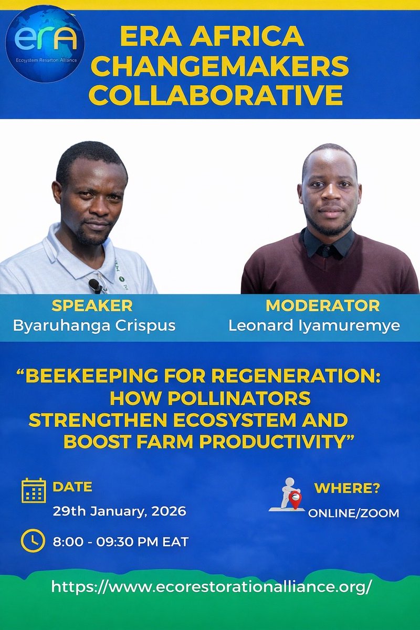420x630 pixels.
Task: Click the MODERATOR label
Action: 322,306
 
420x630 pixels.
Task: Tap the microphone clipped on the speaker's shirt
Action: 95,285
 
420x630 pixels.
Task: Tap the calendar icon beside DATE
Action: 34,490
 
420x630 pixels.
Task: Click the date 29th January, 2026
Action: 119,511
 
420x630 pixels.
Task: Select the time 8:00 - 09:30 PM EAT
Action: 120,541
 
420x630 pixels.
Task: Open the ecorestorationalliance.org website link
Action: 211,586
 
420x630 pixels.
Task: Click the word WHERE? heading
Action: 346,489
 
